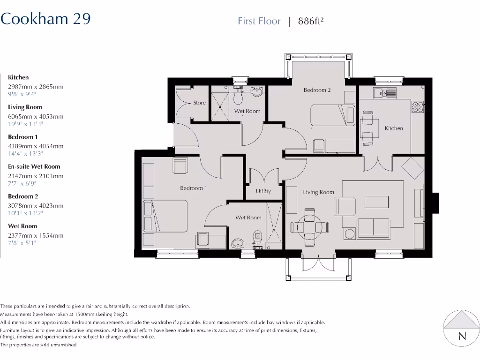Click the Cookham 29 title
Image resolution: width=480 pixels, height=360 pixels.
pos(45,19)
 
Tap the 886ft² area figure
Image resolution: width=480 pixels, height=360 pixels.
pos(311,21)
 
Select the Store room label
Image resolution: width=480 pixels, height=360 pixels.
pos(199,103)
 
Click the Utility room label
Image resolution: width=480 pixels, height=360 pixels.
pos(263,191)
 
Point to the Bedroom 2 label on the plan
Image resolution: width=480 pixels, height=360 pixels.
pos(317,90)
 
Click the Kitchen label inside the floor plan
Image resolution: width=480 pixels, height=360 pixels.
pos(394,128)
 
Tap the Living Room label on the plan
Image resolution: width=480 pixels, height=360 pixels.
pos(318,192)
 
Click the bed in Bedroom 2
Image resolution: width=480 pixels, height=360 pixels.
pos(333,115)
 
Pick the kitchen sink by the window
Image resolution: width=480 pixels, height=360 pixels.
pos(384,93)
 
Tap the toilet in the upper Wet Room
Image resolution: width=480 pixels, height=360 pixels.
pos(238,98)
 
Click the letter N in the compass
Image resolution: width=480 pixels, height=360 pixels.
pos(462,336)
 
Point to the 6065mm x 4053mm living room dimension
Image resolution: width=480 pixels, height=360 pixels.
pos(36,116)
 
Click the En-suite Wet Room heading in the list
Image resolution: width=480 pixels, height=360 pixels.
pos(34,166)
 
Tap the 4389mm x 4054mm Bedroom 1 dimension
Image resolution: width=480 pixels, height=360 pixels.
pos(36,146)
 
